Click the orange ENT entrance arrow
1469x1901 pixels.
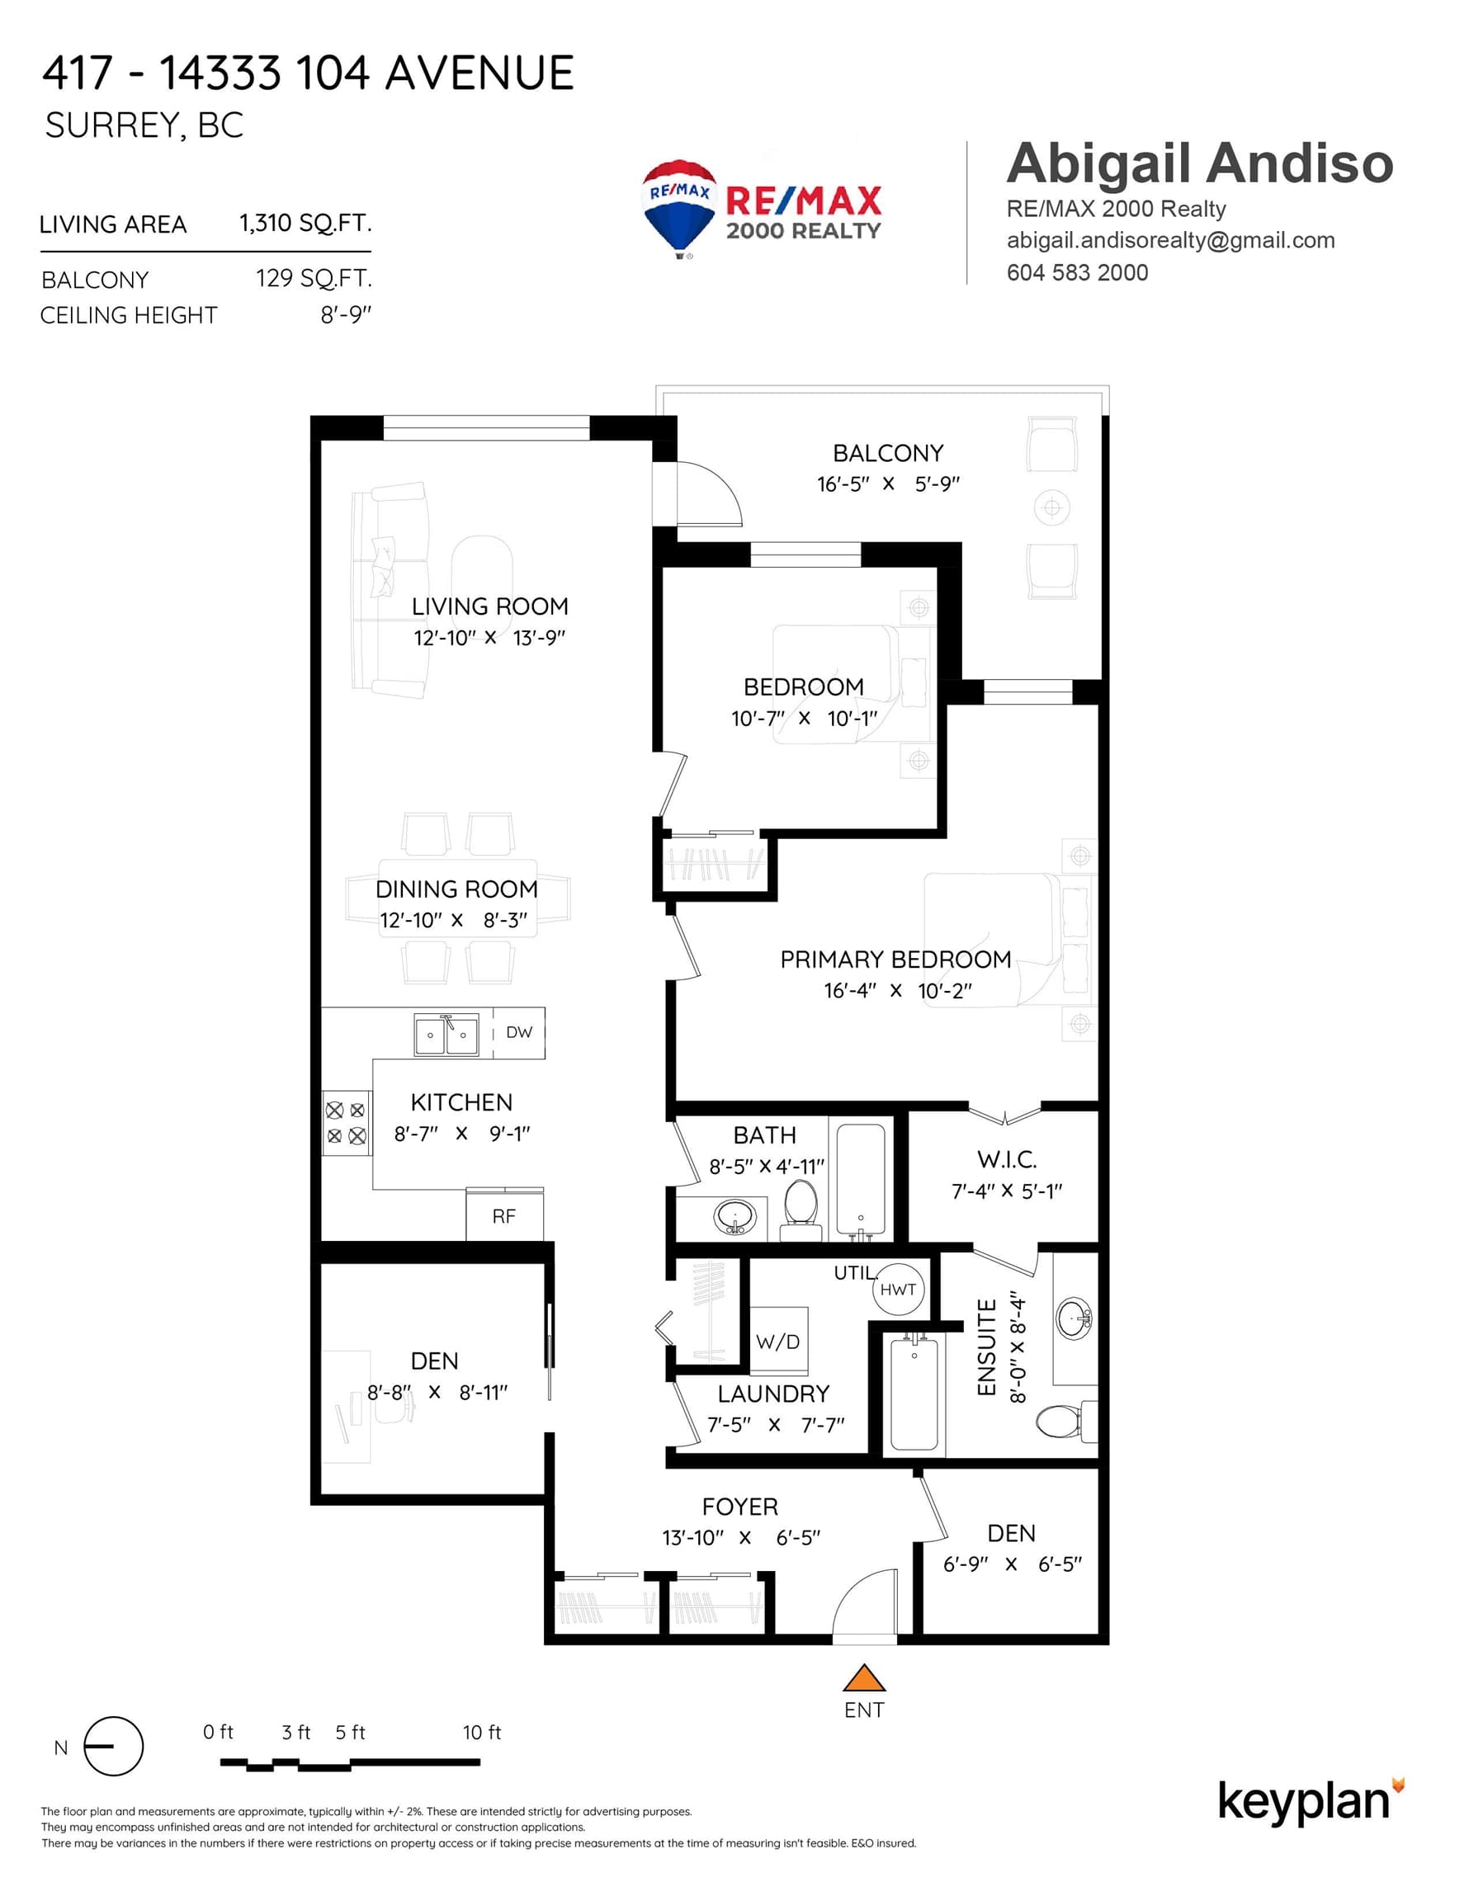(864, 1677)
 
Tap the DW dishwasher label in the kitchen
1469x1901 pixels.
(519, 1032)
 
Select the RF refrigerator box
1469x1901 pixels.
(504, 1215)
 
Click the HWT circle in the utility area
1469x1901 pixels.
(898, 1289)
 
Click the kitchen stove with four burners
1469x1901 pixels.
(346, 1123)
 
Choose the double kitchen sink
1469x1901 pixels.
(446, 1034)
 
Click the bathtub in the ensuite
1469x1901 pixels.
(914, 1395)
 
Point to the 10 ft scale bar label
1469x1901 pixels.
(481, 1732)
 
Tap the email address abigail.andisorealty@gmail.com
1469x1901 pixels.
(1170, 240)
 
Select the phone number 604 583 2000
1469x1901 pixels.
(1077, 272)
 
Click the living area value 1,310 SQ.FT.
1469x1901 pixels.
(305, 223)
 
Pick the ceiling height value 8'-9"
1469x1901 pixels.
(346, 314)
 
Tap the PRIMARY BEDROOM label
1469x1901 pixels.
(895, 960)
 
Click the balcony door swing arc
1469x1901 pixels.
(723, 488)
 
